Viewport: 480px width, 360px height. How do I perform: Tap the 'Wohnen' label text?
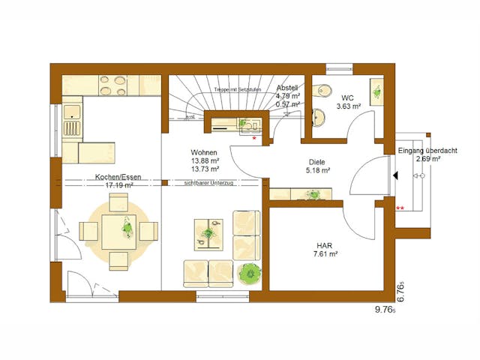[x=204, y=153]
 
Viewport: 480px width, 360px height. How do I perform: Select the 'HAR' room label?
[x=324, y=244]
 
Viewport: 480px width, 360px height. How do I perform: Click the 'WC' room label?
[x=347, y=98]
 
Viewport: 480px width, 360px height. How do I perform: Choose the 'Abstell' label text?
[x=288, y=88]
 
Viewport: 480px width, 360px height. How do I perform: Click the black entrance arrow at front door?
[x=394, y=176]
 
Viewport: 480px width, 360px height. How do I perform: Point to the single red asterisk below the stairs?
[x=256, y=139]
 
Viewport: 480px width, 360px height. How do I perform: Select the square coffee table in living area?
[x=208, y=233]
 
